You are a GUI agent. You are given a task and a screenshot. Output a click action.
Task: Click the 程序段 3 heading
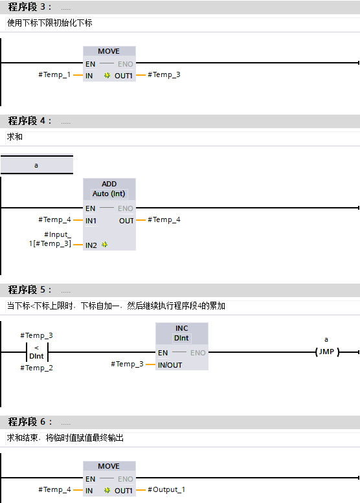[29, 8]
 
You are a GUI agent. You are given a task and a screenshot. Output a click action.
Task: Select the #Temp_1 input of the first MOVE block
[54, 75]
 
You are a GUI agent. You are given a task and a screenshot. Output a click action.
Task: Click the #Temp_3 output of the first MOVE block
[164, 75]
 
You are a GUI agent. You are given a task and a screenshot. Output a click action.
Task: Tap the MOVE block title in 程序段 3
[109, 51]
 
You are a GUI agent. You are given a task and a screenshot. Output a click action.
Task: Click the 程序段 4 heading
[29, 121]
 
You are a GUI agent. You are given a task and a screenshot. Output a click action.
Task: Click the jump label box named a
[36, 165]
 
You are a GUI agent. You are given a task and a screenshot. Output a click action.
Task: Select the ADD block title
[109, 184]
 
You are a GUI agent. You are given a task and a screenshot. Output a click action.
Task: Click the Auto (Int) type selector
[109, 194]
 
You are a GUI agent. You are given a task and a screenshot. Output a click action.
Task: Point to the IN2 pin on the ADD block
[91, 245]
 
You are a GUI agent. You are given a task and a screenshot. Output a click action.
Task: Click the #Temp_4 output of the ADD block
[164, 220]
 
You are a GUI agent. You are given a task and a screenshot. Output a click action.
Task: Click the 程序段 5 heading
[29, 289]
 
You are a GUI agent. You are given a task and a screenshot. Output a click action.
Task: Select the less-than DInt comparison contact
[37, 352]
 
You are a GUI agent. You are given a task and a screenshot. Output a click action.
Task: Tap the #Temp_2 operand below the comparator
[37, 368]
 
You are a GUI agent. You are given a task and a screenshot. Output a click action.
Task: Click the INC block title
[182, 328]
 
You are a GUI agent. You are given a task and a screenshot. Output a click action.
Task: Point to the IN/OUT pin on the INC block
[170, 364]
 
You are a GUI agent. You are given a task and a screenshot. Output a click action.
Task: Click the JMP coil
[326, 352]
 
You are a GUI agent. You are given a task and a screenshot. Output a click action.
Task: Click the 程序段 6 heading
[29, 422]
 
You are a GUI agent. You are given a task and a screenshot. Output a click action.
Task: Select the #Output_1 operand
[166, 490]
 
